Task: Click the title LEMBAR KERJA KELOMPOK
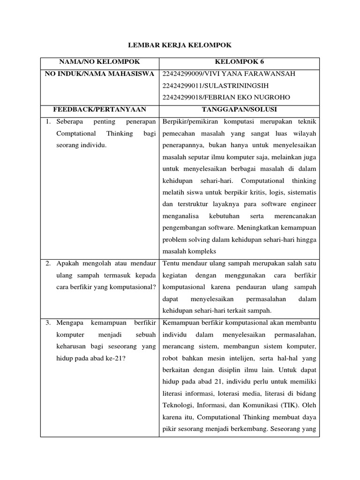click(x=180, y=45)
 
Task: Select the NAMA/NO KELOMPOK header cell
click(x=99, y=61)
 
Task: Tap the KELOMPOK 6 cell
click(x=239, y=61)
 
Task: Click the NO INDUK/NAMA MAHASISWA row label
click(x=99, y=74)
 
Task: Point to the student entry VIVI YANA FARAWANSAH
click(x=228, y=74)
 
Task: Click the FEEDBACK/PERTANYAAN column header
click(x=99, y=109)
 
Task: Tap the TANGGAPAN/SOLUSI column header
click(x=239, y=109)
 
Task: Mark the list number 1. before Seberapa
click(x=48, y=122)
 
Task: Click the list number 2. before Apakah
click(x=48, y=263)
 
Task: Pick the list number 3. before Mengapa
click(x=48, y=322)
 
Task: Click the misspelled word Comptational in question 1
click(x=75, y=134)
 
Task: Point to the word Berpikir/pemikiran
click(x=192, y=122)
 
